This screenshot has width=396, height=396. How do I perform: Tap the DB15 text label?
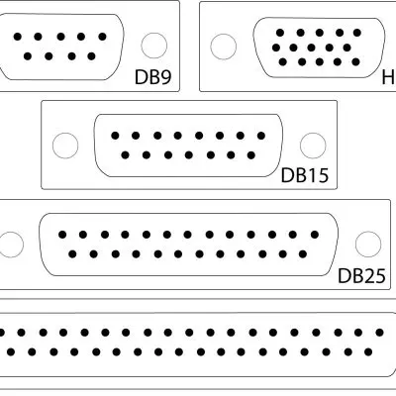coord(305,176)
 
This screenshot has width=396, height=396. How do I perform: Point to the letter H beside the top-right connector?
coord(388,76)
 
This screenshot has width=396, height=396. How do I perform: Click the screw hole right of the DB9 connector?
coord(153,46)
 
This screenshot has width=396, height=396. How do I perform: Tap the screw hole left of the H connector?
coord(225,46)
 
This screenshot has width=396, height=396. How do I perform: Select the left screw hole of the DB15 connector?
coord(64,145)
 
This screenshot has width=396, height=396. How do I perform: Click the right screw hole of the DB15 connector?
coord(314,145)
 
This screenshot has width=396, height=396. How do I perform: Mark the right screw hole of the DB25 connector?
coord(368,244)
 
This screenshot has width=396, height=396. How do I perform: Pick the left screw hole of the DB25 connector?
coord(10,244)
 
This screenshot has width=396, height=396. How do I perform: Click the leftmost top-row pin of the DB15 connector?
coord(115,136)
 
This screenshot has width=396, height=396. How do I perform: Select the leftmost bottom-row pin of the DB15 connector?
coord(126,154)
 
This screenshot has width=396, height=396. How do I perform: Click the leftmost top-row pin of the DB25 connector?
coord(62,235)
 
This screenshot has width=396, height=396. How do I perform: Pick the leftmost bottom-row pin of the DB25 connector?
coord(73,253)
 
